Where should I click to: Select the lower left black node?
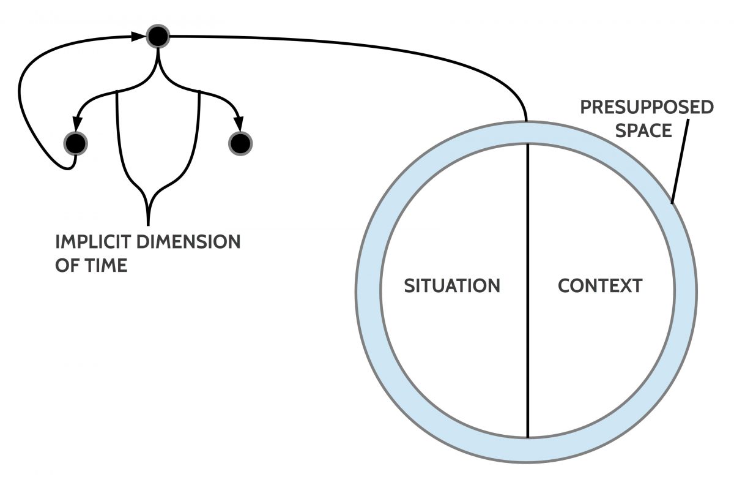pyautogui.click(x=76, y=143)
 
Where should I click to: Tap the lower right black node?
pyautogui.click(x=240, y=143)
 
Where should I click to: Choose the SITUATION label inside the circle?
pyautogui.click(x=452, y=286)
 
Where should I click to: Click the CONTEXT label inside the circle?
pyautogui.click(x=600, y=286)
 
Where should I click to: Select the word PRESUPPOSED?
pyautogui.click(x=647, y=108)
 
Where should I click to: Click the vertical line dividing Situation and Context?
pyautogui.click(x=527, y=367)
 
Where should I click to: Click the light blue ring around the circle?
pyautogui.click(x=368, y=288)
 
